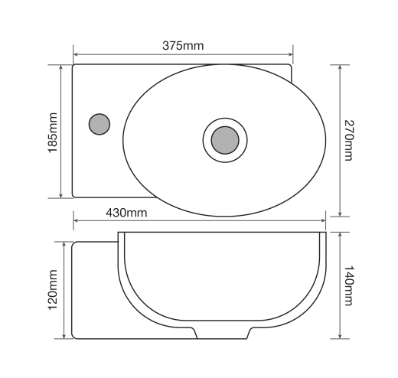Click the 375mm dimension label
pyautogui.click(x=183, y=46)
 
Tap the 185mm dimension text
pyautogui.click(x=53, y=132)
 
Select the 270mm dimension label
pyautogui.click(x=349, y=140)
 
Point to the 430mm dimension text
pyautogui.click(x=126, y=213)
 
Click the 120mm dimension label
pyautogui.click(x=53, y=290)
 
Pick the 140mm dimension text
pyautogui.click(x=349, y=285)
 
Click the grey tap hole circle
pyautogui.click(x=99, y=124)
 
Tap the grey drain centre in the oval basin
pyautogui.click(x=225, y=140)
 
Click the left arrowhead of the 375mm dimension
pyautogui.click(x=76, y=54)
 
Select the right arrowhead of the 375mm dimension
pyautogui.click(x=290, y=54)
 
